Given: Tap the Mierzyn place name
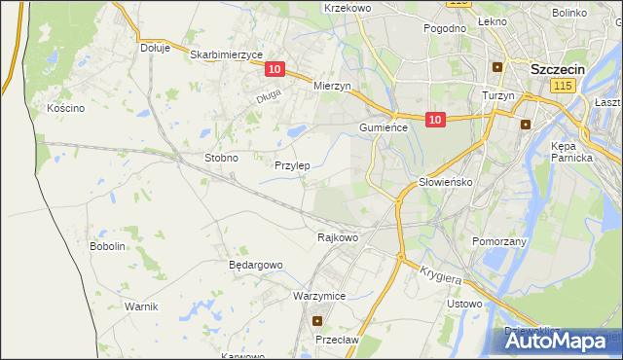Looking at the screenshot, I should click(x=331, y=86).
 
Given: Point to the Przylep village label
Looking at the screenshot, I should click(x=292, y=166).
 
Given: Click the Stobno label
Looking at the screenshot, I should click(x=221, y=157).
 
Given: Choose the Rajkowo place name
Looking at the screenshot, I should click(x=338, y=236).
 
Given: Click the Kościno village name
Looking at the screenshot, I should click(x=66, y=108).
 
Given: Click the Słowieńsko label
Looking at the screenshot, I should click(x=445, y=182).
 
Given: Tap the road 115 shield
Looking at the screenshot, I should click(x=561, y=87).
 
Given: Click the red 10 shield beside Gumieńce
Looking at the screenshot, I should click(x=435, y=120).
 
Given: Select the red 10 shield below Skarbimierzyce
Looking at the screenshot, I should click(x=275, y=69).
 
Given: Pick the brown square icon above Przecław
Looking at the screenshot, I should click(x=316, y=320).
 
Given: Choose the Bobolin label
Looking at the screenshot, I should click(x=108, y=246).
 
